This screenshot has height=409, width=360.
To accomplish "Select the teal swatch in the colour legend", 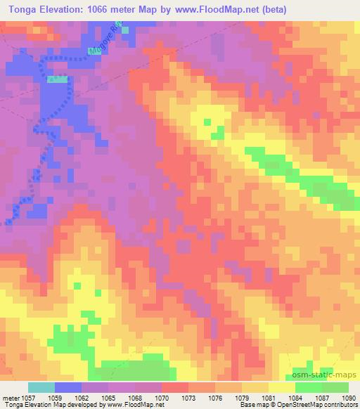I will (41, 387).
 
